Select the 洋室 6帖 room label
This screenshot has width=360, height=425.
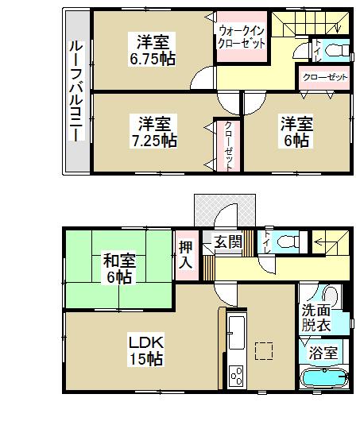(x=295, y=132)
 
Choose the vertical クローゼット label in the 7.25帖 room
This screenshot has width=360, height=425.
(x=228, y=144)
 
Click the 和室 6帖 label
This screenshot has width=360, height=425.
(x=117, y=269)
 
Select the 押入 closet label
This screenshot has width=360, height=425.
(x=186, y=254)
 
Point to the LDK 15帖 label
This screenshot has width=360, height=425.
(x=147, y=350)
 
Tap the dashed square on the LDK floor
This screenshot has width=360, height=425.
(x=264, y=350)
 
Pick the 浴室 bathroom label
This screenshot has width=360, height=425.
(x=325, y=352)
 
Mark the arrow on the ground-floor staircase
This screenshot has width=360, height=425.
(x=324, y=238)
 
